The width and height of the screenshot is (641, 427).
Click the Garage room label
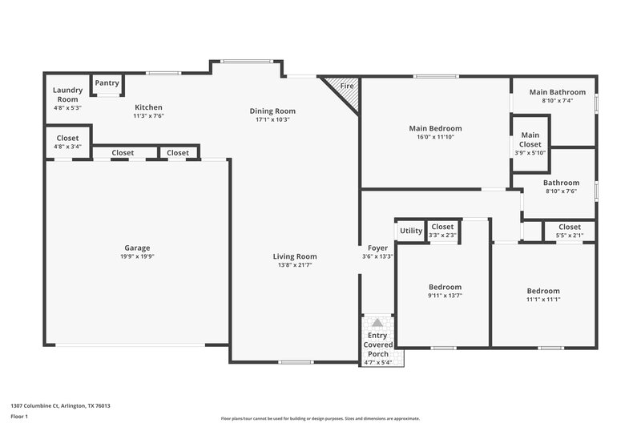point(136,248)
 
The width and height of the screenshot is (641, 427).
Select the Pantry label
point(108,83)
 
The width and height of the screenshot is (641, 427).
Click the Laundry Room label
point(67,94)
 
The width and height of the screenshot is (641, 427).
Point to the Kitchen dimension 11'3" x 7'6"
point(148,116)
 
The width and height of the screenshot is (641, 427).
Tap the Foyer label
point(377,248)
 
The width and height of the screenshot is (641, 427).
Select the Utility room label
point(411,231)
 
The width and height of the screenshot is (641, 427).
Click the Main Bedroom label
point(435,128)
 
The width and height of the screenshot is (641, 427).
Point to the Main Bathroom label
point(557,92)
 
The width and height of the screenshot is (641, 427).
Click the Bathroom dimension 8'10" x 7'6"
point(560,191)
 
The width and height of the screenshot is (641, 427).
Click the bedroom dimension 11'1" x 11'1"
point(542,300)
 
